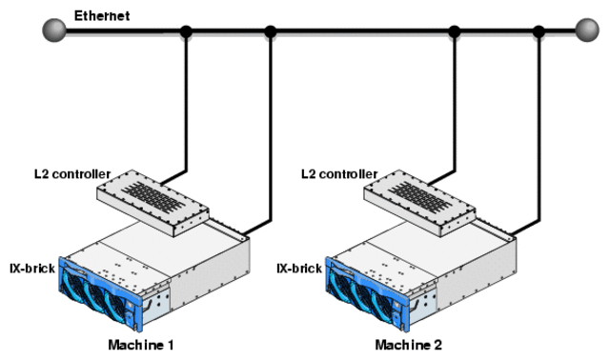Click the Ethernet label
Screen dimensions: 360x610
(101, 16)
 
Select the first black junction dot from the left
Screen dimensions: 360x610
(186, 32)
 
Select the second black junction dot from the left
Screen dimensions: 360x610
(271, 32)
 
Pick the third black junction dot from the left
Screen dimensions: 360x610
(455, 32)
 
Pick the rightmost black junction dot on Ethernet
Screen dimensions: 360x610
(539, 32)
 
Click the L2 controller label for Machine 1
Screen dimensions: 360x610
(72, 174)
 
